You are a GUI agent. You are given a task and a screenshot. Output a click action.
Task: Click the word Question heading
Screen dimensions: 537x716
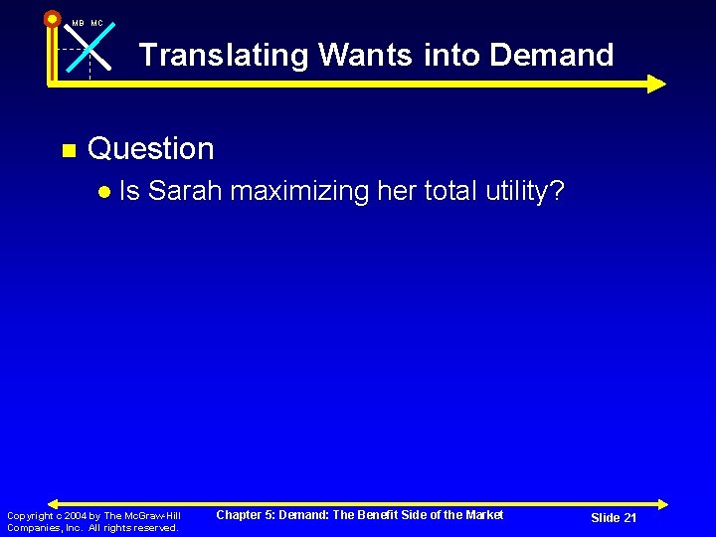(x=151, y=149)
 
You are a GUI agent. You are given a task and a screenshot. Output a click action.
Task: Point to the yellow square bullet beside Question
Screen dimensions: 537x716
(x=68, y=151)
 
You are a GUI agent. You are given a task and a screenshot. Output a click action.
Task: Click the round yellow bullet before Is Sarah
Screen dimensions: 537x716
(x=103, y=191)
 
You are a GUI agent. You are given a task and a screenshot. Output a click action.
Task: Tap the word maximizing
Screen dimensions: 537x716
(x=297, y=191)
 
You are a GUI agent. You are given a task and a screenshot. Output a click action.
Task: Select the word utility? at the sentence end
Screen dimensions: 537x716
(x=526, y=191)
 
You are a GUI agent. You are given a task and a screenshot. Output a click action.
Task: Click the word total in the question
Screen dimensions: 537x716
(x=447, y=191)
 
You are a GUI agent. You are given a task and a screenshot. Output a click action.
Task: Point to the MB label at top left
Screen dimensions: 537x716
(x=78, y=23)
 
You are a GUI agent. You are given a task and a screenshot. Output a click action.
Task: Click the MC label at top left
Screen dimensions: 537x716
(x=96, y=23)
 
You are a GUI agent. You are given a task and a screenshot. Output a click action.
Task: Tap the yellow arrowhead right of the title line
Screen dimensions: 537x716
(x=656, y=84)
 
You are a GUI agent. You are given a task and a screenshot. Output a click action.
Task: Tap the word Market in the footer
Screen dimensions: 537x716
(x=484, y=515)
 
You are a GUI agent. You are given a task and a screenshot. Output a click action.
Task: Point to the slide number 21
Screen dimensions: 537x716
(x=628, y=518)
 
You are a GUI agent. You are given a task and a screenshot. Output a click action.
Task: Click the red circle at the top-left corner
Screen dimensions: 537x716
(x=52, y=18)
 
